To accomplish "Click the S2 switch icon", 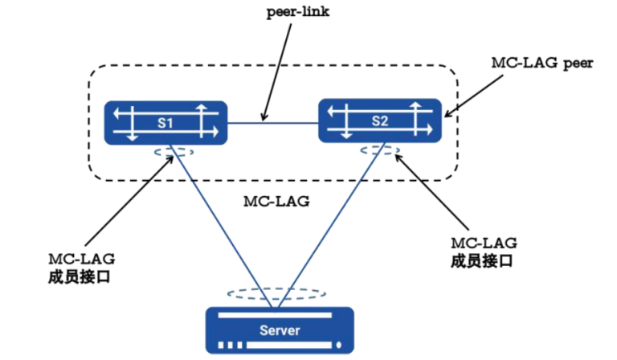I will click(x=381, y=121).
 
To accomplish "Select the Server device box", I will click(x=280, y=329).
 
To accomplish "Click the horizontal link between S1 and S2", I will click(x=273, y=122).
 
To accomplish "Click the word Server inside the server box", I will click(x=280, y=330).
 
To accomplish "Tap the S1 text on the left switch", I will click(x=166, y=123).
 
